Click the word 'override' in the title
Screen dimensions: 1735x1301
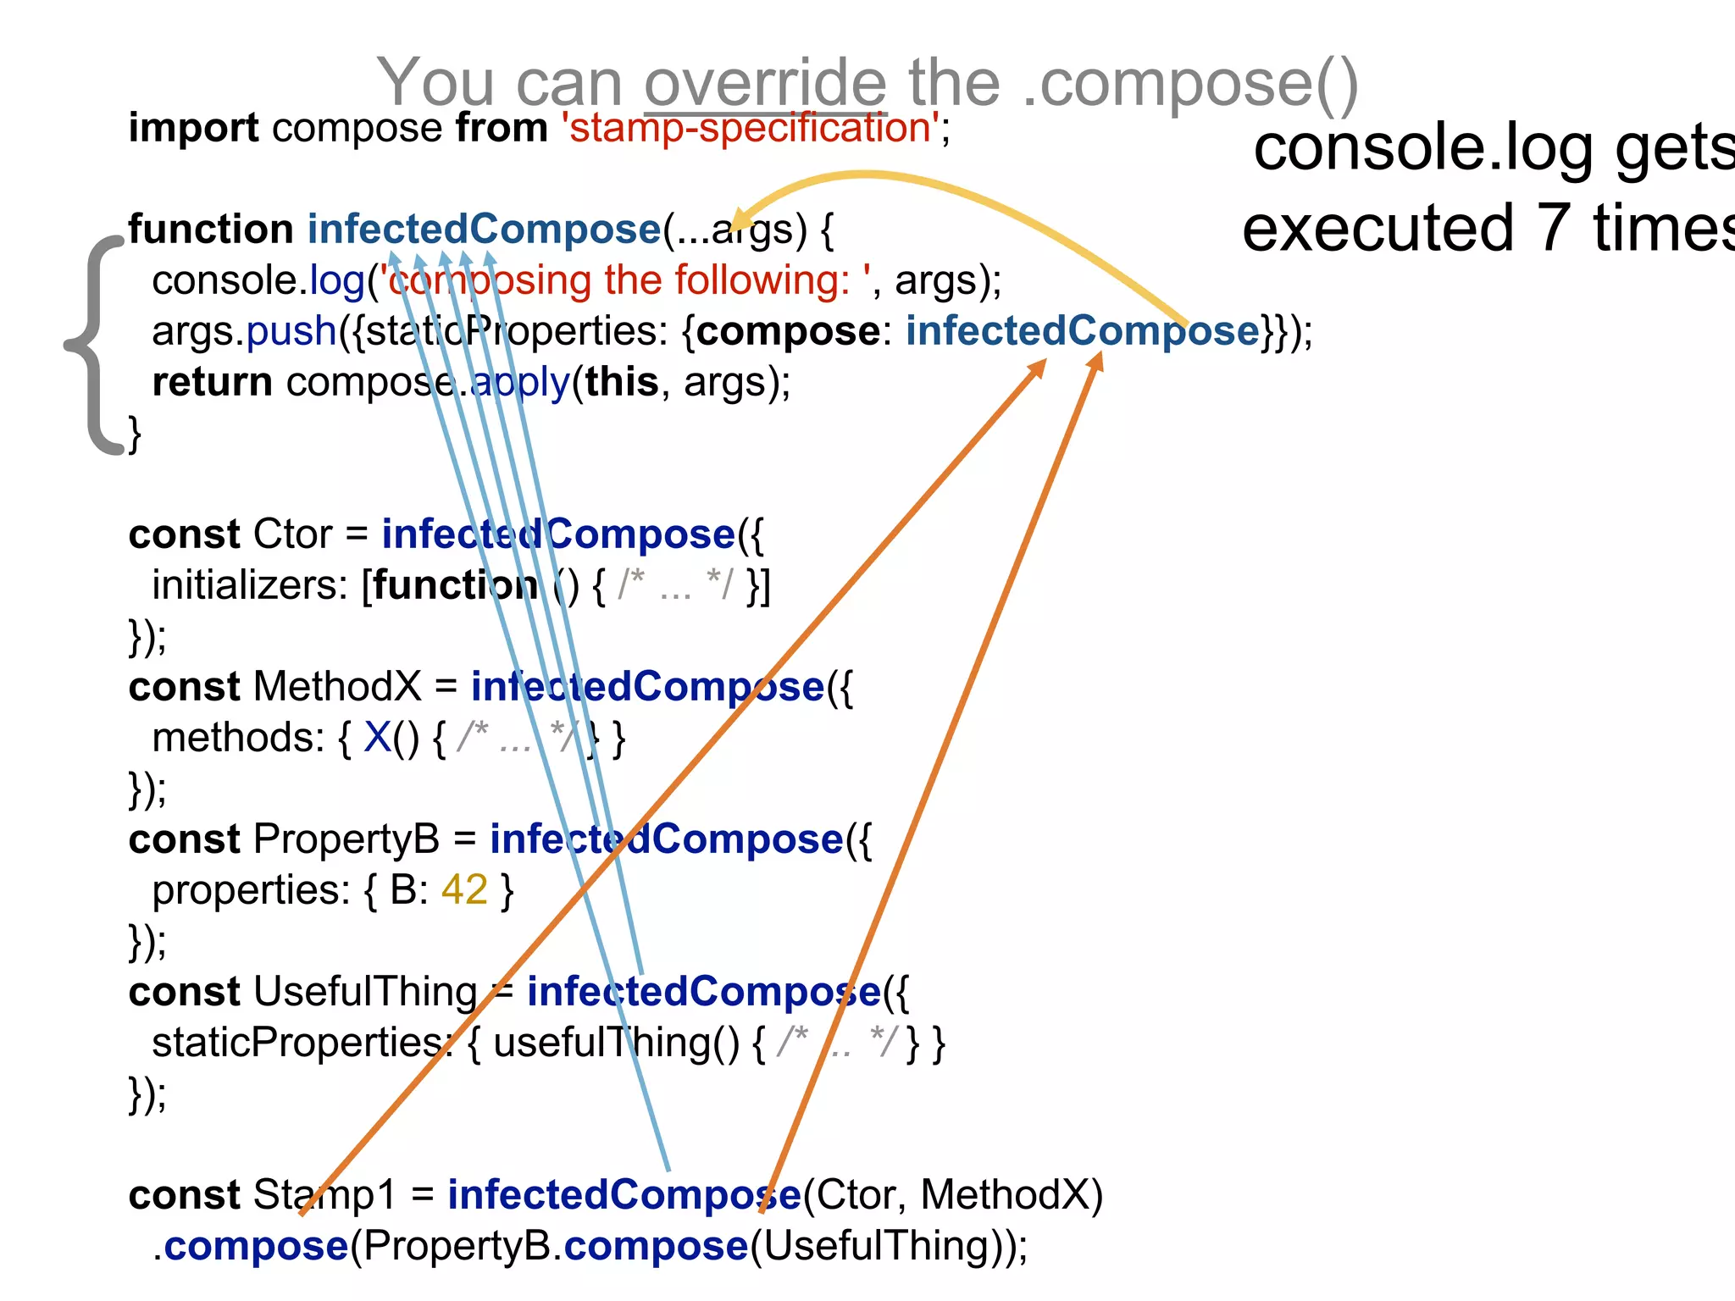[x=765, y=83]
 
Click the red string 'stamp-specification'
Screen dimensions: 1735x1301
[x=750, y=128]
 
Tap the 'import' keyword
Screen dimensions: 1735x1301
[x=193, y=128]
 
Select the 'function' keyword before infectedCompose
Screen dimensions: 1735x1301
[x=211, y=230]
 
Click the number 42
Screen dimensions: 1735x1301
[x=464, y=890]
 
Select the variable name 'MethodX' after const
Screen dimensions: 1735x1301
[x=337, y=687]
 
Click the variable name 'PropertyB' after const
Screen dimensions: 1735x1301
[x=346, y=839]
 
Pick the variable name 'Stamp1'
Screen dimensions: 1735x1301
[x=324, y=1195]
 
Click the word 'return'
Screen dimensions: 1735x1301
[x=212, y=382]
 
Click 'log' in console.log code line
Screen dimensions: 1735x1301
[x=336, y=280]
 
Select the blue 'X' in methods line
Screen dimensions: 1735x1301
[x=377, y=738]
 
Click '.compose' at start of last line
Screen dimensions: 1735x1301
[x=251, y=1246]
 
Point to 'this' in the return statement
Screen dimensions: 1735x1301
[x=621, y=382]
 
